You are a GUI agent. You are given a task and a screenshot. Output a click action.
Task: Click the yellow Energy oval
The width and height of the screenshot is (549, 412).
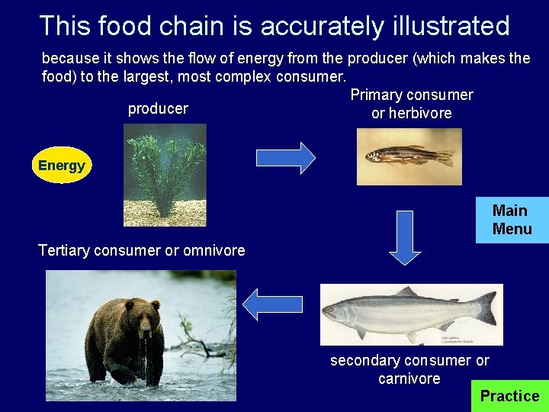pos(62,166)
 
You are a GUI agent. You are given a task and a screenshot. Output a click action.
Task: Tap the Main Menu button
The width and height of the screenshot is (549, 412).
pos(512,220)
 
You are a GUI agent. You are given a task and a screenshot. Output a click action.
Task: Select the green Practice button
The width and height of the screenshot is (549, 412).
pos(509,396)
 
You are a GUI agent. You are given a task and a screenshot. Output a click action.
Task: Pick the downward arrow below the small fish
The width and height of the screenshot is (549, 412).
pos(405,237)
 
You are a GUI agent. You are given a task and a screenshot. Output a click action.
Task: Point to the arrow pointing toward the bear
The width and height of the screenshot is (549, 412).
pos(272,304)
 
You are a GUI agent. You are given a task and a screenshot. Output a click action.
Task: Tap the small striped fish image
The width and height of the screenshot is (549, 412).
pos(409,156)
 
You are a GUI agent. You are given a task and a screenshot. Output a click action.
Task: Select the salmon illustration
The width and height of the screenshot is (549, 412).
pos(411,314)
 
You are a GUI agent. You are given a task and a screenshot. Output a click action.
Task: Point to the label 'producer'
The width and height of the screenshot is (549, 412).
pos(158,109)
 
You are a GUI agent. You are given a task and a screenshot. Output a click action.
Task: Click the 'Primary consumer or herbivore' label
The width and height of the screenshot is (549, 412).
pos(411,104)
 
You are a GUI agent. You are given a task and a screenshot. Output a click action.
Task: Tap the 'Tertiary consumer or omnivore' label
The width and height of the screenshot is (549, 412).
pos(142,250)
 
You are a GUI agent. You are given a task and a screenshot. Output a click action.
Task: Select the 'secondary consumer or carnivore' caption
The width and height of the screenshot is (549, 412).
pos(409,369)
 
